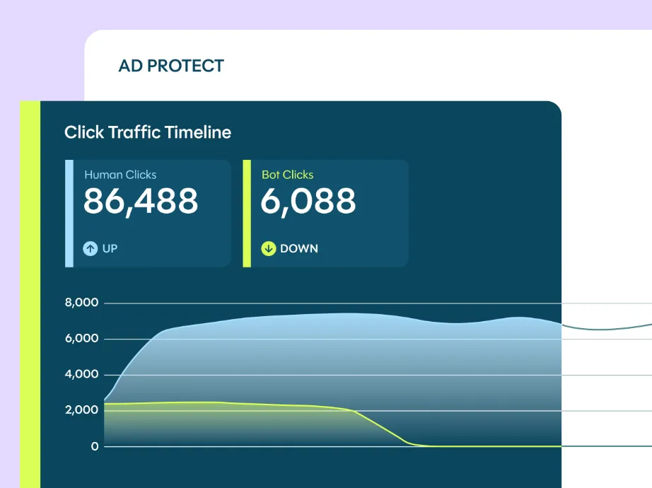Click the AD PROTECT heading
point(171,66)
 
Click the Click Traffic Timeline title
point(148,132)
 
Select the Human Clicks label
point(120,175)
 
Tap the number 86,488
point(141,202)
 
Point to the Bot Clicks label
point(287,175)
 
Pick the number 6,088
point(308,202)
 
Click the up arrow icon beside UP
point(91,248)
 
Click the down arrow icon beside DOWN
point(269,248)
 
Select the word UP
point(110,248)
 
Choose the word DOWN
point(299,248)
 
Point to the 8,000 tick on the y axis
point(81,303)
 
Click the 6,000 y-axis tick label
point(81,339)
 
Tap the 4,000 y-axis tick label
point(81,375)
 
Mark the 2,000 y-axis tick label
point(81,410)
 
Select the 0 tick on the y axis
point(95,446)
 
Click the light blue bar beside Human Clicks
point(69,213)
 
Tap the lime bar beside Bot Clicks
point(247,213)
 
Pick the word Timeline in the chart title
point(201,132)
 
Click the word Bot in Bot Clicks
point(271,175)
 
